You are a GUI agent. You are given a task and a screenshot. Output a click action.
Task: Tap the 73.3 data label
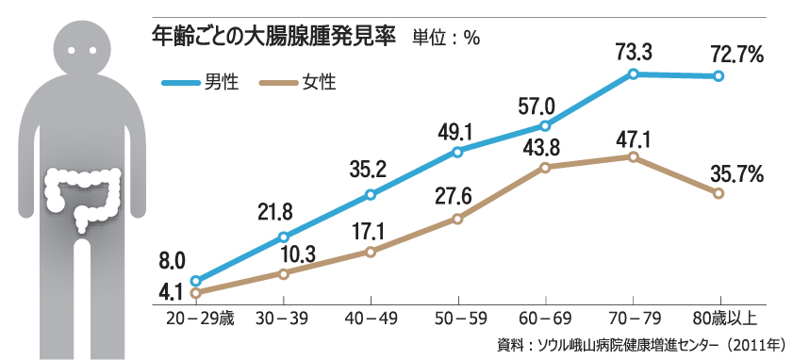pos(634,52)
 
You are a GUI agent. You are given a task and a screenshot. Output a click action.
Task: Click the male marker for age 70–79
pos(634,74)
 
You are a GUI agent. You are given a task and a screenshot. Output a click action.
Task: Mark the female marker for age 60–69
pos(545,167)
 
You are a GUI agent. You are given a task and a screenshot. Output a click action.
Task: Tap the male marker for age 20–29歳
pos(195,281)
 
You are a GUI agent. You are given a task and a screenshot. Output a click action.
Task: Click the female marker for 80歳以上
pos(719,193)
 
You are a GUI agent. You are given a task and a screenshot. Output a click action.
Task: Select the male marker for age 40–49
pos(370,195)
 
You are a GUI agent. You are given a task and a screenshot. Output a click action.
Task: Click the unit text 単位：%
pos(446,38)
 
